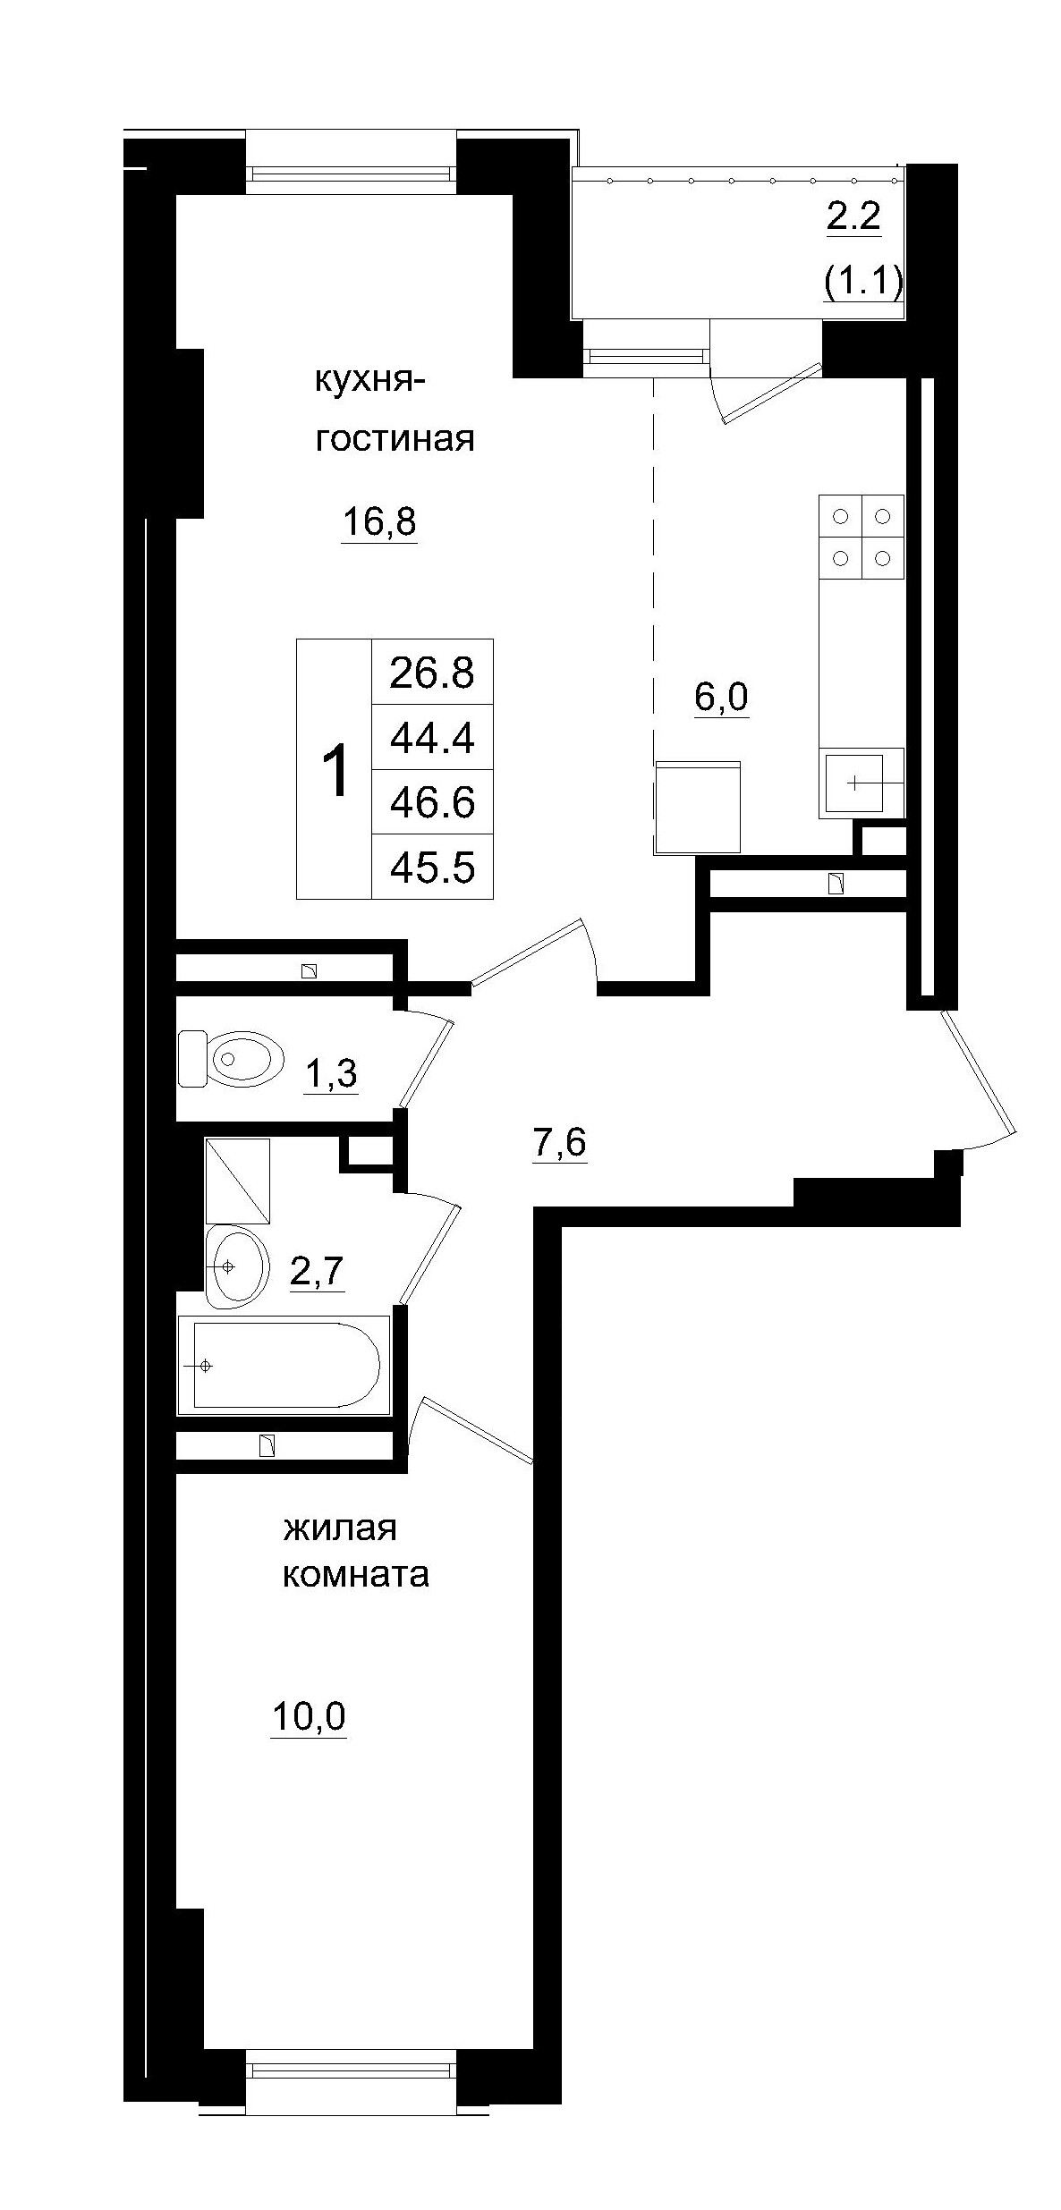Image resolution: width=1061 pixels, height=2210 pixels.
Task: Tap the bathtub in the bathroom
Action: [x=284, y=1365]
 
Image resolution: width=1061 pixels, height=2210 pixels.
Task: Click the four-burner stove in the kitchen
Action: [x=861, y=537]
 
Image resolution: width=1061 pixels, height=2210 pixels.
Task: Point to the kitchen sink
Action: [x=854, y=783]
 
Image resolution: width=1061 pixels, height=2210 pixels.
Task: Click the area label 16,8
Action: [x=379, y=521]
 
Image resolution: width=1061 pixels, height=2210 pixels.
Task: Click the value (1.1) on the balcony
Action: [x=862, y=282]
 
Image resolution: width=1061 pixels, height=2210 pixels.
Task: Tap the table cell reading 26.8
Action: [x=431, y=673]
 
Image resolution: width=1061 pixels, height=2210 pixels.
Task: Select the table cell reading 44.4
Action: [x=431, y=738]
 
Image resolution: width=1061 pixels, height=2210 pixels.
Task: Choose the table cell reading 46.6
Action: [x=431, y=802]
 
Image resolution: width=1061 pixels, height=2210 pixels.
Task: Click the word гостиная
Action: [x=394, y=439]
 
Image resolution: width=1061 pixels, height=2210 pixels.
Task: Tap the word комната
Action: [x=355, y=1574]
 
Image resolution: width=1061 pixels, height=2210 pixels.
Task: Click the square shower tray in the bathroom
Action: [x=237, y=1181]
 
